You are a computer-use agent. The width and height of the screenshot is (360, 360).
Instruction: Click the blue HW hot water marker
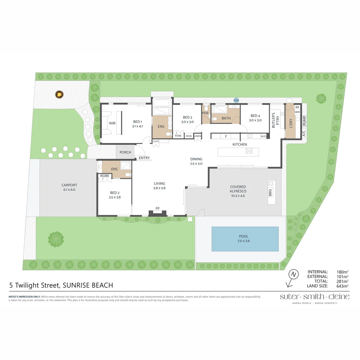(236, 100)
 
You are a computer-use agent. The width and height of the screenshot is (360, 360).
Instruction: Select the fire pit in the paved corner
(59, 95)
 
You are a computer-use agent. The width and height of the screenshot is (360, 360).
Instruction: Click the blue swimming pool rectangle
(245, 239)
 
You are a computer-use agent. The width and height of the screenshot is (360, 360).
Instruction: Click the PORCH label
(125, 152)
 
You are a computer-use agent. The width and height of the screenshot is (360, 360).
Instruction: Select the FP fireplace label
(158, 209)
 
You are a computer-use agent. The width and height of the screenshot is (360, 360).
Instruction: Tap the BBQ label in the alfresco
(270, 192)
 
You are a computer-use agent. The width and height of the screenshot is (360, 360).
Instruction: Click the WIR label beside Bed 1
(112, 123)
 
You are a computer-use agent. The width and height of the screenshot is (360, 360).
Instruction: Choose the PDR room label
(205, 113)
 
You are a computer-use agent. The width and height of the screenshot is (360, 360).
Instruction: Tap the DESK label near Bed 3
(189, 136)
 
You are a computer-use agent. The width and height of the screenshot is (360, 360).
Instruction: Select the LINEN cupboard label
(198, 136)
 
